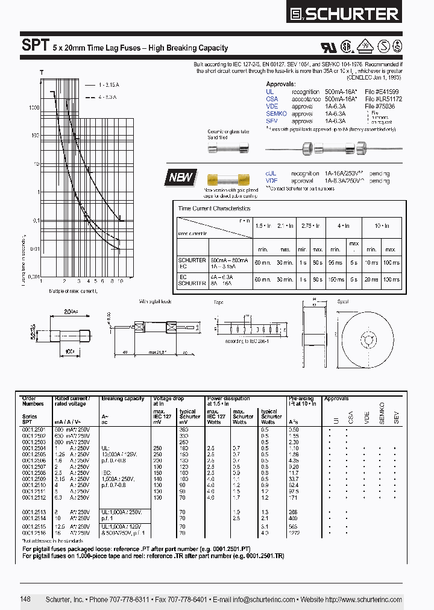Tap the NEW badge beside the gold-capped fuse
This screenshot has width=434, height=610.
click(x=181, y=177)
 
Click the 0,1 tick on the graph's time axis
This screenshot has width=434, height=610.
click(x=34, y=221)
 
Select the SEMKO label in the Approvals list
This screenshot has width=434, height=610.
click(x=275, y=113)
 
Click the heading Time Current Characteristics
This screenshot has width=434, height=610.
click(x=213, y=209)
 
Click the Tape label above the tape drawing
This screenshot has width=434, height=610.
click(x=218, y=301)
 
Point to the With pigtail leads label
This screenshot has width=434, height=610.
click(x=155, y=301)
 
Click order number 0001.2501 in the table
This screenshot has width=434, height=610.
click(x=33, y=429)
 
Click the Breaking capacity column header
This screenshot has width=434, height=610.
click(x=122, y=399)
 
